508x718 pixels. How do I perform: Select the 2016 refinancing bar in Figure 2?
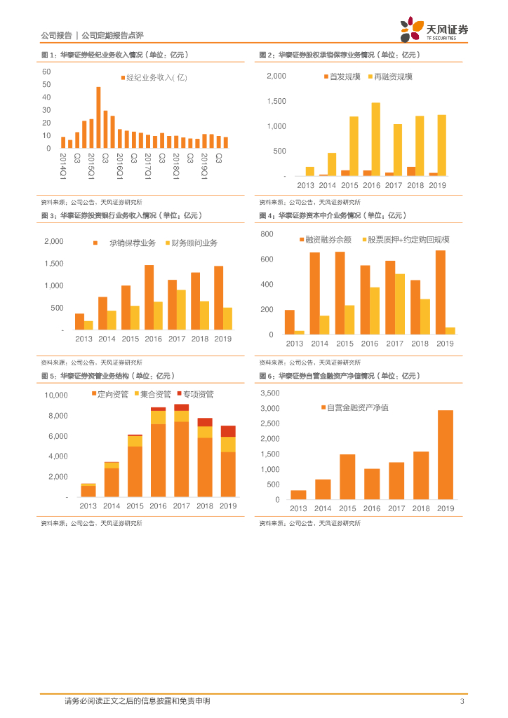376,139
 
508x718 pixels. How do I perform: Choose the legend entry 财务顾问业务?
191,243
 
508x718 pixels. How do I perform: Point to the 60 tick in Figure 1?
46,72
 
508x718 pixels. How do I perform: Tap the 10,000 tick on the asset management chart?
55,395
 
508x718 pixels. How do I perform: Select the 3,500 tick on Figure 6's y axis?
269,394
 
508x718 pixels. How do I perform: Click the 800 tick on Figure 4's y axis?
267,234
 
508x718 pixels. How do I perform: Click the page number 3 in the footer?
461,701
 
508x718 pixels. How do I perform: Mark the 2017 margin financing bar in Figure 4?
390,297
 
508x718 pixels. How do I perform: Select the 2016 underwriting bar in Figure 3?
149,297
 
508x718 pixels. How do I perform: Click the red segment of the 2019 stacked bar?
228,431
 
